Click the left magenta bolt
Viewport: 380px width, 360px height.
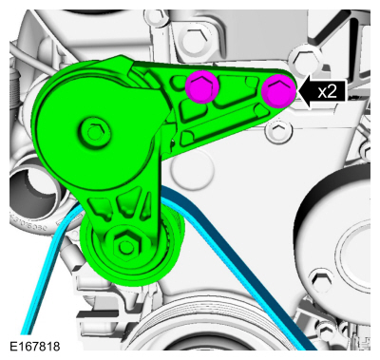click(202, 88)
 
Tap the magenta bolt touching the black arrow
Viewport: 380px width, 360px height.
click(277, 91)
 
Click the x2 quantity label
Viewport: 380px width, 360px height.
click(328, 91)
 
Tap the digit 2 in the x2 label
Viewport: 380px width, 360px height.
click(333, 91)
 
